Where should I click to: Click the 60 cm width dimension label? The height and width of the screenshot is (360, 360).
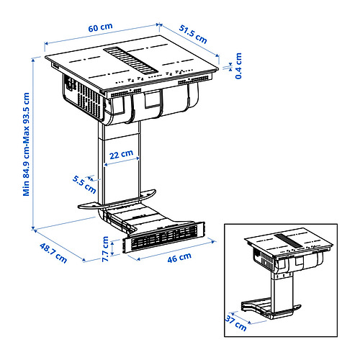pyautogui.click(x=100, y=27)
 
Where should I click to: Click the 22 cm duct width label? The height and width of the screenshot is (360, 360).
pyautogui.click(x=120, y=155)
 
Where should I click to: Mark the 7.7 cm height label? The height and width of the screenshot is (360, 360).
pyautogui.click(x=106, y=251)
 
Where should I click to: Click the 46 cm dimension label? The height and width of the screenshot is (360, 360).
pyautogui.click(x=181, y=257)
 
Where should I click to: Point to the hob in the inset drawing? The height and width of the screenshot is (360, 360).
pyautogui.click(x=288, y=248)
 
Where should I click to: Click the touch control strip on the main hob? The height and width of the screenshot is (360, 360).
pyautogui.click(x=144, y=81)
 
